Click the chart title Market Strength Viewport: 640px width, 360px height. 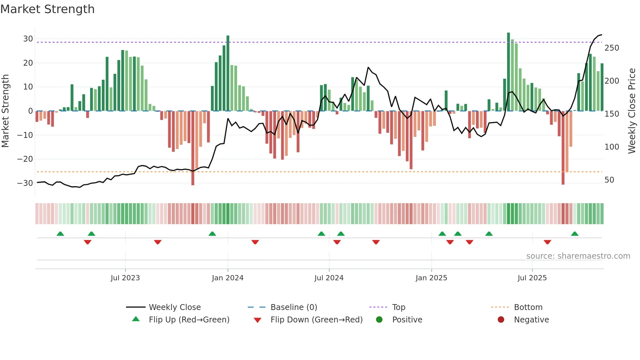(48, 9)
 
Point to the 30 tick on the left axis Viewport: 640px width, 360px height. (28, 39)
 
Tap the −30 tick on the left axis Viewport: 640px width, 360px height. (25, 183)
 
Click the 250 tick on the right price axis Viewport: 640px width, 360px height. (612, 48)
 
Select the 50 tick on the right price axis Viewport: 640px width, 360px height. (609, 180)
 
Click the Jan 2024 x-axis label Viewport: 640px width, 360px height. (228, 278)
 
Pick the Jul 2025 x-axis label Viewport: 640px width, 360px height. (532, 278)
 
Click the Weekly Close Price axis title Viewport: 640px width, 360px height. (632, 111)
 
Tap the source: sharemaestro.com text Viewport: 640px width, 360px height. (578, 256)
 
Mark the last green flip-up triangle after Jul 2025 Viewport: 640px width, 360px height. (575, 234)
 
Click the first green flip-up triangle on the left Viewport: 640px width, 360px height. (60, 234)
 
